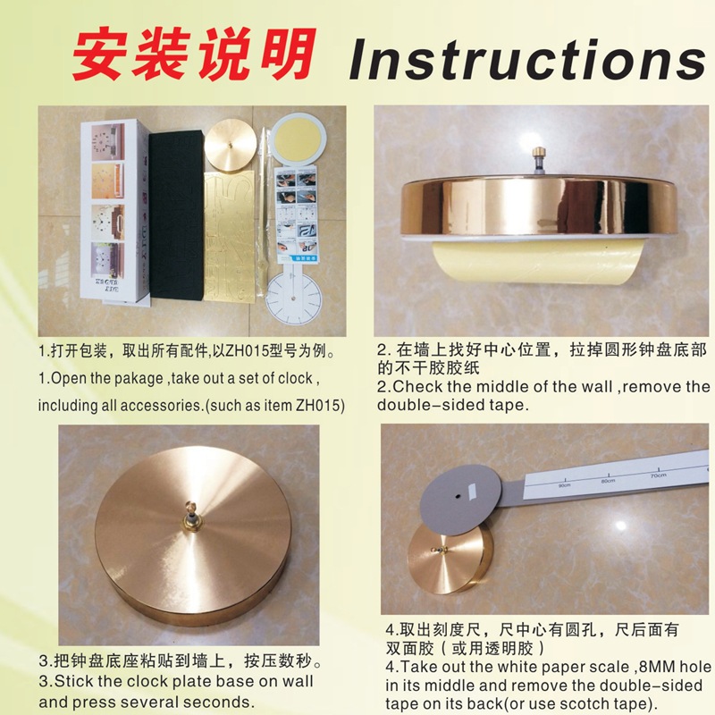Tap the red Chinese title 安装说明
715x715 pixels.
[194, 55]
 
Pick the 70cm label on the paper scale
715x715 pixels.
[658, 475]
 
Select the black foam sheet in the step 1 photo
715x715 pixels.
[173, 214]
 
